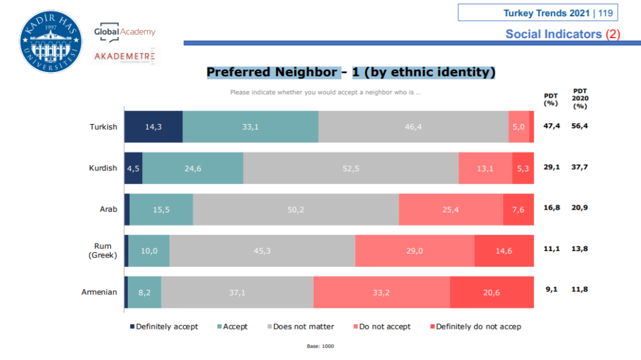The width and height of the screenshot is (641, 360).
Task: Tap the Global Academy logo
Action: pos(125,32)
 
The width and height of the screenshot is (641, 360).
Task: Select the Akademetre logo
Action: pos(123,57)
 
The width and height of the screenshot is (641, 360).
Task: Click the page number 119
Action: pos(606,13)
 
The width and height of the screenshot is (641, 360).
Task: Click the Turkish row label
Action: pos(103,126)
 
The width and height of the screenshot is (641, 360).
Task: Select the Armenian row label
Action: pos(99,292)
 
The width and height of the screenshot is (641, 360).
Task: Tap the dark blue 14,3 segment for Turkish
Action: pos(153,126)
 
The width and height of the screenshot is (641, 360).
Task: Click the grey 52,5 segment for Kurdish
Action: pos(351,168)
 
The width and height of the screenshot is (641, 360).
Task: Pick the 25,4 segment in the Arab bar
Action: pos(451,209)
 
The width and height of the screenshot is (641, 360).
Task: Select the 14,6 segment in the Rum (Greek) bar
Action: pos(504,250)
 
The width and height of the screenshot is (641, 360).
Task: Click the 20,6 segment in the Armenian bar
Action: pos(491,292)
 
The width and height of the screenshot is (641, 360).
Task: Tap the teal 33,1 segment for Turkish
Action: pos(250,126)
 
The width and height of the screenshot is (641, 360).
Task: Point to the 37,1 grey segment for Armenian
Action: pos(237,292)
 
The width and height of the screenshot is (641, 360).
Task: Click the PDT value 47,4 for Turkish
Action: pos(551,126)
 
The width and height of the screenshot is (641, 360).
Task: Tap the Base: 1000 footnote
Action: pos(320,346)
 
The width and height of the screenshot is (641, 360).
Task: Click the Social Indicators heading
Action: pos(562,34)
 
